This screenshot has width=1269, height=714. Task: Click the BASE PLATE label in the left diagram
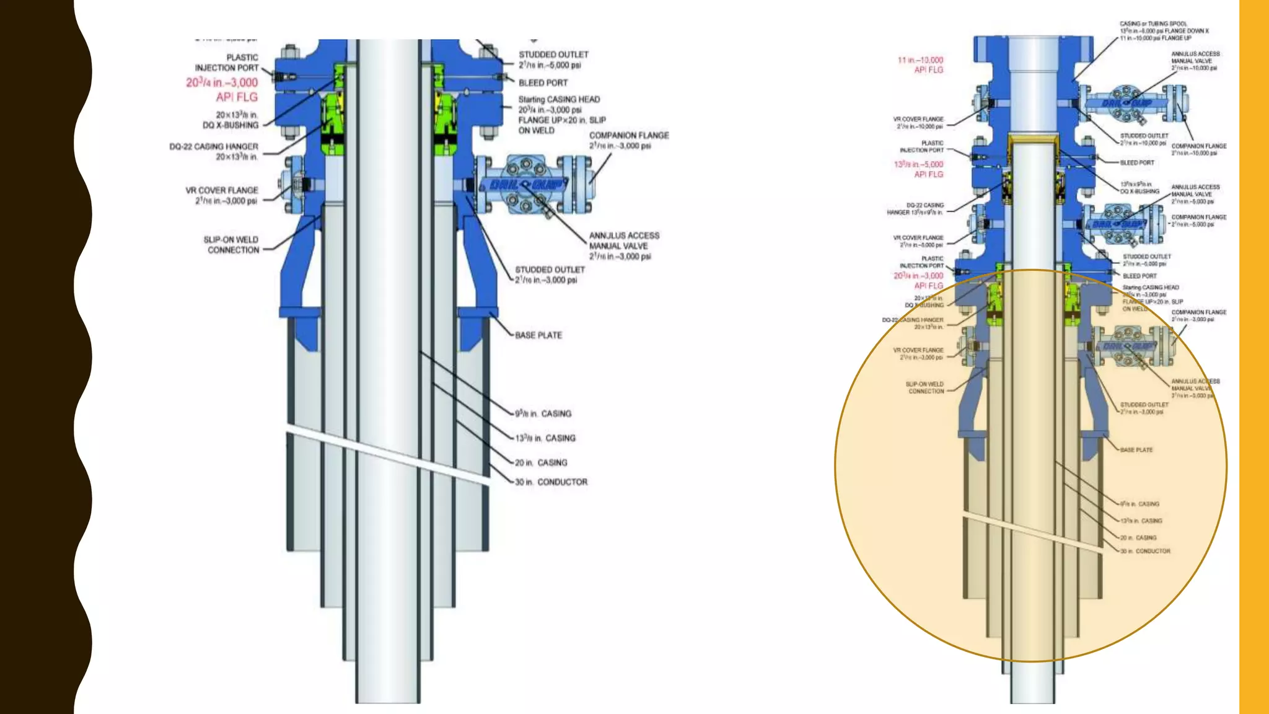pos(538,335)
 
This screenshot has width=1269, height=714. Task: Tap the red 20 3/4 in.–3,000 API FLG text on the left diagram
pos(222,89)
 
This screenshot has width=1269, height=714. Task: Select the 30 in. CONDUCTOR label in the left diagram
pos(551,482)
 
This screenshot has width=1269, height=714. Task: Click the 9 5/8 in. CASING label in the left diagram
pos(543,413)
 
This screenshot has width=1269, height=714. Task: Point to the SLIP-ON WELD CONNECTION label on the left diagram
pos(231,245)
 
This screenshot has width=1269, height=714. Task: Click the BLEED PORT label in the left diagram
pos(543,82)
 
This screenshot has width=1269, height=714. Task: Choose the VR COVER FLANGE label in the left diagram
pos(222,195)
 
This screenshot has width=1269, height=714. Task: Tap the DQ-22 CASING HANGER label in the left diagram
pos(214,151)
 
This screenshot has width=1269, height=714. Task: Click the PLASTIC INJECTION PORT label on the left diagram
pos(227,63)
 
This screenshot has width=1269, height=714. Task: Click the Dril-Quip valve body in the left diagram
pos(525,185)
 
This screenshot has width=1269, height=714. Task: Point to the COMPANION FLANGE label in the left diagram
pos(628,140)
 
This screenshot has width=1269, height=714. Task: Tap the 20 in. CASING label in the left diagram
pos(541,462)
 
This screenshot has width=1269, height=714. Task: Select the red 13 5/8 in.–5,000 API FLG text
pos(918,169)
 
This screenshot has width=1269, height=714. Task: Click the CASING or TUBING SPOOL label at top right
pos(1164,31)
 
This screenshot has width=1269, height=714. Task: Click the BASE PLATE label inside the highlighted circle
pos(1136,450)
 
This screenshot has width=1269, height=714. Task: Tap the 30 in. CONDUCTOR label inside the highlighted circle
pos(1145,551)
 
